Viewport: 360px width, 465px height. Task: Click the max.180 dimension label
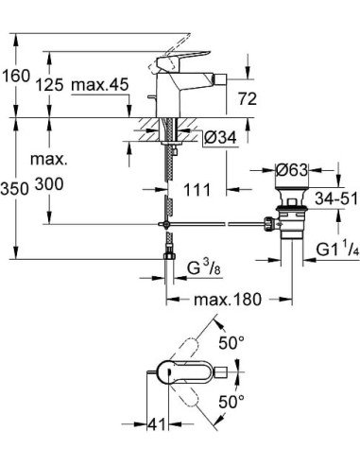[x=227, y=301]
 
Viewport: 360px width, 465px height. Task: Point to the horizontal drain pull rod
[x=217, y=223]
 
